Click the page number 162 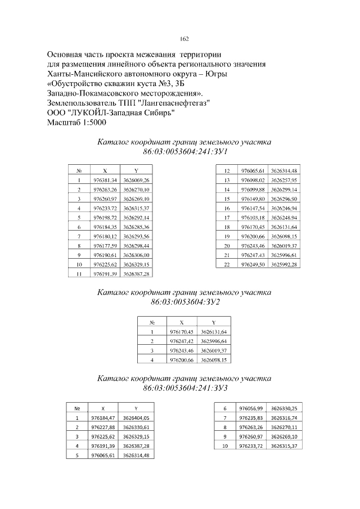pos(184,39)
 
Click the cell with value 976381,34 pos(105,180)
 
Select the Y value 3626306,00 pos(136,255)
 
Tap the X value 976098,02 pos(253,180)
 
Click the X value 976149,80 pos(253,199)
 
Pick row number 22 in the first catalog pos(227,264)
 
